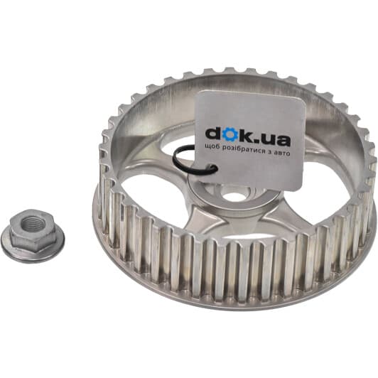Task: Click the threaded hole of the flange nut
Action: pyautogui.click(x=31, y=223)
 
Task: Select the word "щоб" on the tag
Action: pyautogui.click(x=212, y=146)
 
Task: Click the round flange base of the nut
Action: pyautogui.click(x=33, y=244)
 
